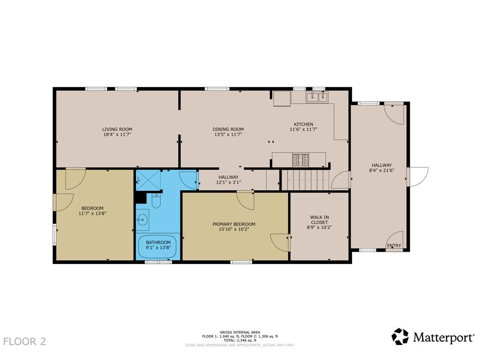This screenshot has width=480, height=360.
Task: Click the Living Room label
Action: (x=117, y=129)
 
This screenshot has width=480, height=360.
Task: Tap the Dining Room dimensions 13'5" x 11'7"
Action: (x=228, y=134)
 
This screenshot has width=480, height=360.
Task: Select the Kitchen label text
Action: (x=303, y=124)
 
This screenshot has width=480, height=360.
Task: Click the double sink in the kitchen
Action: (x=316, y=97)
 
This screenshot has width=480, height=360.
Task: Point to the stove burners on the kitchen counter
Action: (x=300, y=160)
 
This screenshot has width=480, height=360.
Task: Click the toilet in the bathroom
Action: (x=156, y=201)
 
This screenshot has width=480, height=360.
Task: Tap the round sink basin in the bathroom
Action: (x=142, y=219)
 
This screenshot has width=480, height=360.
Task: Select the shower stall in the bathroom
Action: (x=148, y=180)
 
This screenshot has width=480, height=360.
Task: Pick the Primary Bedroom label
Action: (x=234, y=224)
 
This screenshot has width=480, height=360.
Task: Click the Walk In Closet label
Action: (x=319, y=220)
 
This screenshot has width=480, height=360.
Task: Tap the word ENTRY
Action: (x=394, y=246)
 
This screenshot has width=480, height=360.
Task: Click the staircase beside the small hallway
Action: (x=305, y=180)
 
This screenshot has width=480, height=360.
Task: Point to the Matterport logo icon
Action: (x=400, y=337)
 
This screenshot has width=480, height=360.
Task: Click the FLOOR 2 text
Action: (x=24, y=341)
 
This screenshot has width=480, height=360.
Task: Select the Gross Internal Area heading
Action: (x=240, y=332)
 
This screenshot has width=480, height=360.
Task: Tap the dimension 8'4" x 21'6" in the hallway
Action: (x=382, y=170)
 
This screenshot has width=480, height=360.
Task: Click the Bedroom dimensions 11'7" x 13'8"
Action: (x=92, y=213)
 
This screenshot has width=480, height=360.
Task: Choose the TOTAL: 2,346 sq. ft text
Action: (x=240, y=340)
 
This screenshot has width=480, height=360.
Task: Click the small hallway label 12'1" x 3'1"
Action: (x=228, y=182)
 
